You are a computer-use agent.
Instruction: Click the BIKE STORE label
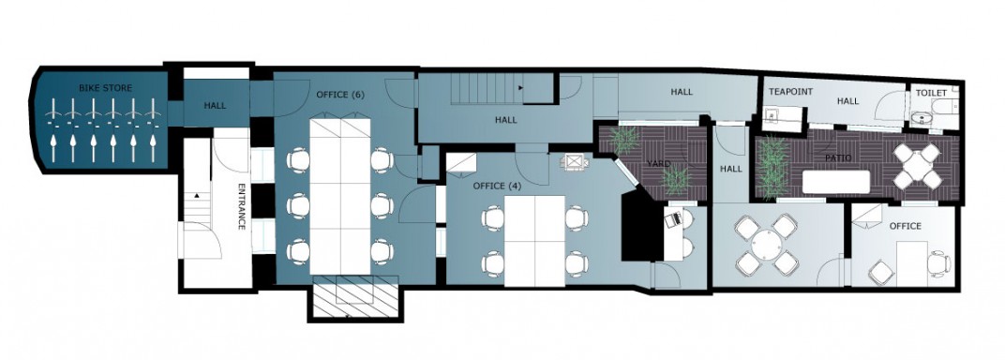(x=106, y=88)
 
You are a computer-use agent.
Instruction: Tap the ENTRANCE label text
(x=242, y=207)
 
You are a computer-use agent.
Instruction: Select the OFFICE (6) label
(x=340, y=95)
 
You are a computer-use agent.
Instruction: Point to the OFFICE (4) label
(x=498, y=186)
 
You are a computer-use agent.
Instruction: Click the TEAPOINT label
(x=791, y=92)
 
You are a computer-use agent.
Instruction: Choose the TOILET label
(x=931, y=93)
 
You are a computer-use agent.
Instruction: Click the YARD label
(x=658, y=164)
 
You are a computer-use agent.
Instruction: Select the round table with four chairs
(x=767, y=244)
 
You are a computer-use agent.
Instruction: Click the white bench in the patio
(x=836, y=182)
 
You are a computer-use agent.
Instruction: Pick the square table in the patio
(x=917, y=167)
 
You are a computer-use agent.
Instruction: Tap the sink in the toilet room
(x=923, y=119)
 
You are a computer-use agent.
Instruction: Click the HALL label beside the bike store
(x=215, y=105)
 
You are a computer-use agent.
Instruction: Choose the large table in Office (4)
(x=534, y=241)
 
